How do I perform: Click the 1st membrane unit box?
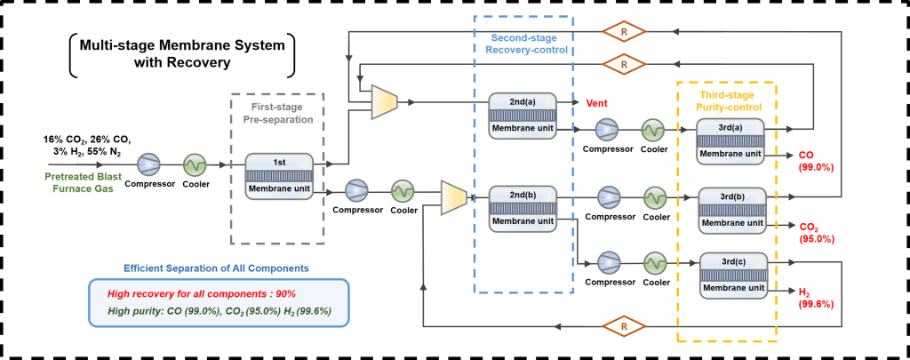pyautogui.click(x=279, y=177)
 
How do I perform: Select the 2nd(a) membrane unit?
pyautogui.click(x=523, y=116)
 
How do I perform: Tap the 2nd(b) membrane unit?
pyautogui.click(x=523, y=209)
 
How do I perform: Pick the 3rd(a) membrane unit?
pyautogui.click(x=730, y=142)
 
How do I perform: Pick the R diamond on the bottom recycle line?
pyautogui.click(x=624, y=327)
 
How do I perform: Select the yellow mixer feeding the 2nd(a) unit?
pyautogui.click(x=384, y=102)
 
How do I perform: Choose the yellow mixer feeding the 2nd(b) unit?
pyautogui.click(x=454, y=195)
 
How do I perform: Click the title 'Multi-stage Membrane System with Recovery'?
pyautogui.click(x=182, y=54)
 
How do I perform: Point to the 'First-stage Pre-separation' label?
pyautogui.click(x=277, y=114)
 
